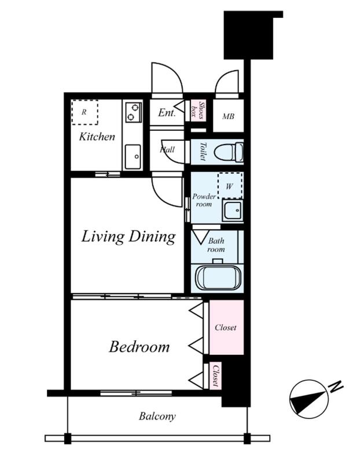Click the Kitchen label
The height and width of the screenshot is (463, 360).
tap(97, 137)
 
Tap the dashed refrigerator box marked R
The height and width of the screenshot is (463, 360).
tap(85, 112)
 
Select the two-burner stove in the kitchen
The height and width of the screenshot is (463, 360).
tap(133, 112)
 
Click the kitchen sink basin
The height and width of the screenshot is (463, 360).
tap(133, 156)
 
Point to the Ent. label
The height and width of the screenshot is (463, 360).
tap(167, 112)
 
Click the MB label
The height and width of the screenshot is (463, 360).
tap(228, 116)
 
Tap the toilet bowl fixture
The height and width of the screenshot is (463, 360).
tap(229, 152)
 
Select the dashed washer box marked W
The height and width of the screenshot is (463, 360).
tap(230, 186)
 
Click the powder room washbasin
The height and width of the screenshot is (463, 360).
tap(233, 211)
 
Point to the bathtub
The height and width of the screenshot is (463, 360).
tap(218, 278)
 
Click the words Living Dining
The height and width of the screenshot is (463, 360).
tap(128, 237)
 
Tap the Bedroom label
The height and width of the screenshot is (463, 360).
tap(139, 347)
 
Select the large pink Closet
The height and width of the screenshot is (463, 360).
tap(226, 327)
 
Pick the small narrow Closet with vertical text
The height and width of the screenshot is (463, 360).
tap(216, 376)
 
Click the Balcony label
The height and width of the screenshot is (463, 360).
tap(157, 416)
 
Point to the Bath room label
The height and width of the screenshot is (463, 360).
tap(216, 245)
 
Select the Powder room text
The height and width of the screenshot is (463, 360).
tap(204, 200)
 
